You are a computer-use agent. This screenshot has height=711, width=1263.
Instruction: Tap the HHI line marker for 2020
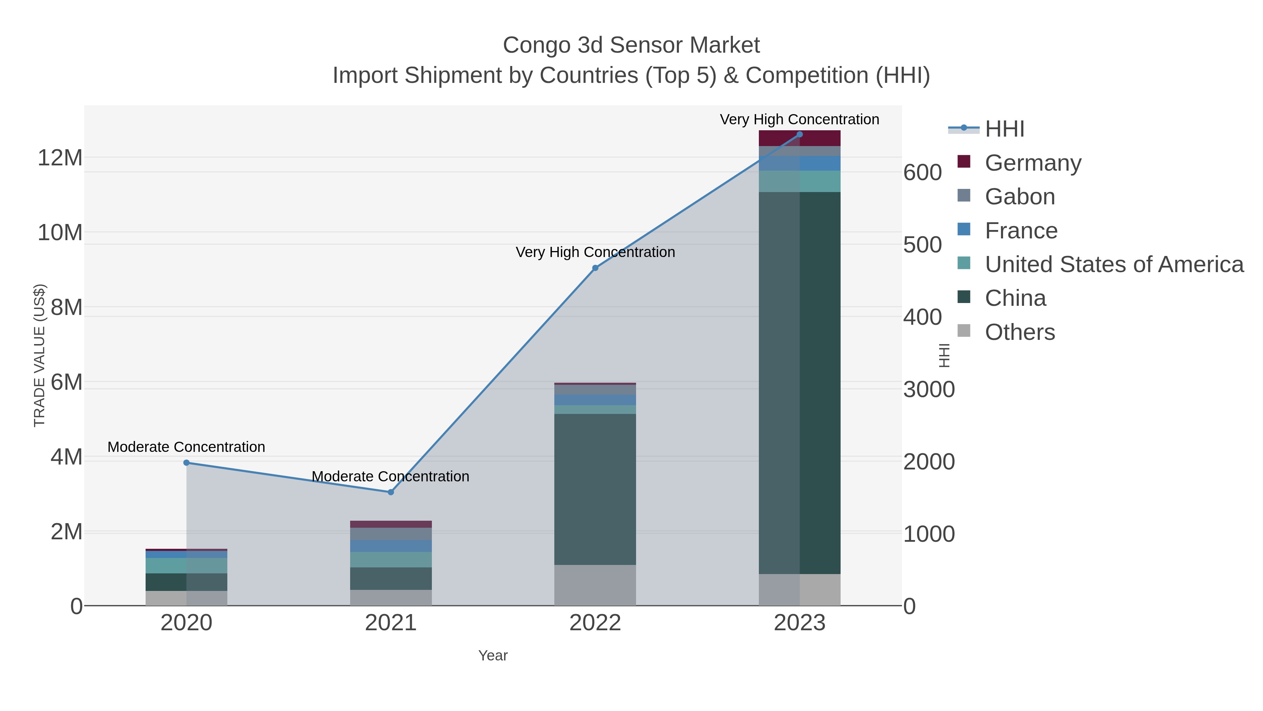click(x=186, y=463)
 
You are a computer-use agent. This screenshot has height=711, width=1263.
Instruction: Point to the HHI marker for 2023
click(x=799, y=134)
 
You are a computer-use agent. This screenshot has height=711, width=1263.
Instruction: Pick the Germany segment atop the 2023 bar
click(x=799, y=139)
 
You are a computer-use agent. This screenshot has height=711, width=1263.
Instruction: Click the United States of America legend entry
click(x=1114, y=264)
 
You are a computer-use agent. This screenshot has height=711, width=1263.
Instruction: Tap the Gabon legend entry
click(x=1020, y=196)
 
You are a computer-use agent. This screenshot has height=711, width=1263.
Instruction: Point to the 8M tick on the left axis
click(x=66, y=307)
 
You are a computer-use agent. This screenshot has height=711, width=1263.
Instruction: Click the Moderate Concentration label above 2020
click(x=186, y=447)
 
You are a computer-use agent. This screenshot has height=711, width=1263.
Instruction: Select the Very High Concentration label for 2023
click(x=799, y=119)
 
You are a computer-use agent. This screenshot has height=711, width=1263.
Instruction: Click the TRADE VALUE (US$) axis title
click(x=39, y=355)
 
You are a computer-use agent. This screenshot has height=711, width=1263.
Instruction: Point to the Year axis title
click(x=493, y=656)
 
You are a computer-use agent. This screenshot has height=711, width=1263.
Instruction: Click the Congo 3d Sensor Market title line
click(x=631, y=45)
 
